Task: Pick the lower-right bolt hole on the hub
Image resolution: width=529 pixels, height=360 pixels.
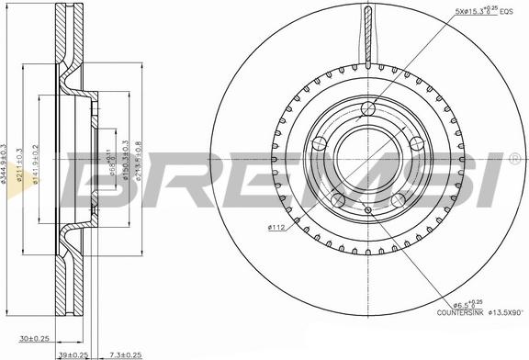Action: [398, 198]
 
